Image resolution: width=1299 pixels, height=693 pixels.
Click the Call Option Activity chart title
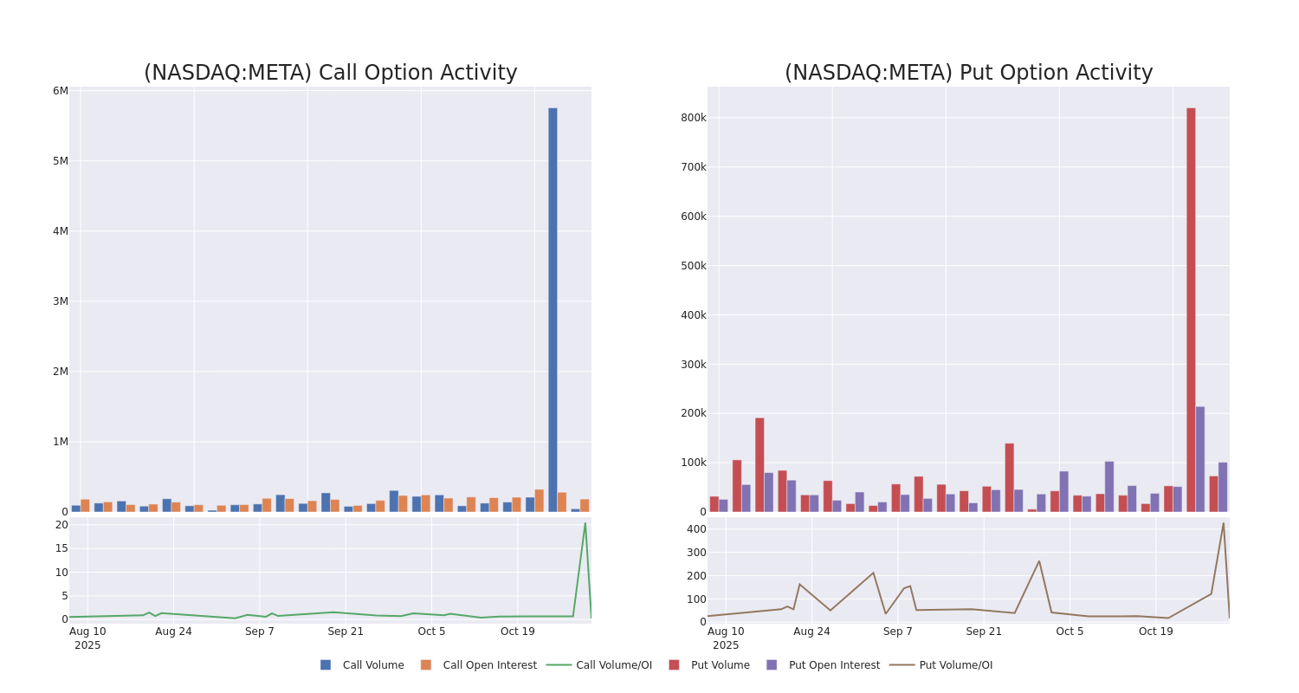click(x=330, y=74)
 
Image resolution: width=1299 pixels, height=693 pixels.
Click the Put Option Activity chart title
click(x=968, y=74)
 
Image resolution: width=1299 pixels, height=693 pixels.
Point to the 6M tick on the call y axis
click(x=60, y=91)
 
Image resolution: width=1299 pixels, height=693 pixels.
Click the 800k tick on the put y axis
click(x=693, y=118)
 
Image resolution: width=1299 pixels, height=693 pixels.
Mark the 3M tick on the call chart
click(x=60, y=301)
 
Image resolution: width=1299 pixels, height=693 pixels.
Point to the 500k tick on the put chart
click(x=693, y=266)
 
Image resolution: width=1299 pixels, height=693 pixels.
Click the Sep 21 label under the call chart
click(x=346, y=631)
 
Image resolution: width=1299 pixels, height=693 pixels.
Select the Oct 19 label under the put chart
click(x=1155, y=631)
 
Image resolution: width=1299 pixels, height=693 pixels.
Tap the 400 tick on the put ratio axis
click(x=696, y=529)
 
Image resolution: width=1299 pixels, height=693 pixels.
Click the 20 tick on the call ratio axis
click(x=61, y=525)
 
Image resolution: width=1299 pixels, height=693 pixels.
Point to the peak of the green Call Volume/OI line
click(x=585, y=523)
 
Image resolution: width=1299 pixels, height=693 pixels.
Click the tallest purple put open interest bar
click(x=1200, y=459)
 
